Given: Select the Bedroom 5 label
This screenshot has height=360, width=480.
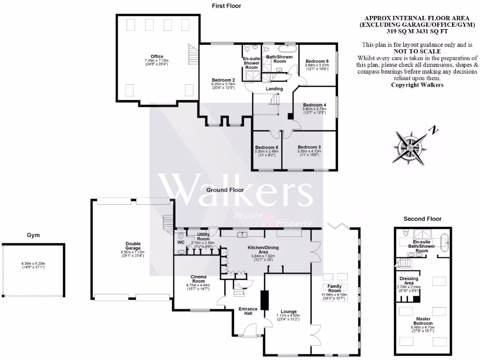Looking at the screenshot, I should tap(317, 61).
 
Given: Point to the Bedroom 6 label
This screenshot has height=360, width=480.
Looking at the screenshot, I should tap(267, 148).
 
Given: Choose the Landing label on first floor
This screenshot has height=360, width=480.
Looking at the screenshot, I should tap(274, 89).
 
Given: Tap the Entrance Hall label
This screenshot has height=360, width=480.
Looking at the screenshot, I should tap(248, 311).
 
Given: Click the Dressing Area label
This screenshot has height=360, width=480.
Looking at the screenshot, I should tap(409, 280).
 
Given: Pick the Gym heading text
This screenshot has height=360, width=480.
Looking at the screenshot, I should tap(32, 235).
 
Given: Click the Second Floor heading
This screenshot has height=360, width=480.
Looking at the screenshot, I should tap(422, 219).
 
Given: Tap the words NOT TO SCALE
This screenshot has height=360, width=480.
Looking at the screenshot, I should tap(417, 51).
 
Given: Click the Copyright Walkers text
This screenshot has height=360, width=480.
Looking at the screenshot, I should tap(417, 85).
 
